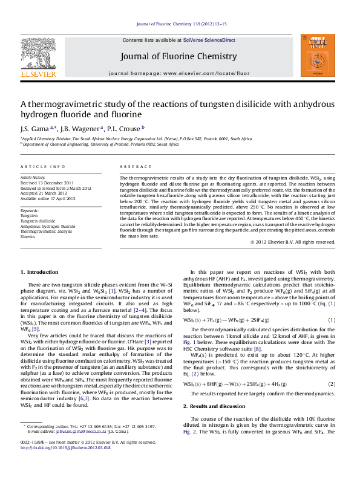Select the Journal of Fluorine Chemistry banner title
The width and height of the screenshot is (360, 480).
pos(178,57)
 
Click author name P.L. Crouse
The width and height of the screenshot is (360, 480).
pos(124,128)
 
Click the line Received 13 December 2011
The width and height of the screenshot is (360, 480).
pos(47,183)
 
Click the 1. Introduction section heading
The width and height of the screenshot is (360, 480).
pos(40,272)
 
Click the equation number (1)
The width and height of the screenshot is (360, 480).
pos(332,319)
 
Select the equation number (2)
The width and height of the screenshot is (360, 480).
pos(332,384)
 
